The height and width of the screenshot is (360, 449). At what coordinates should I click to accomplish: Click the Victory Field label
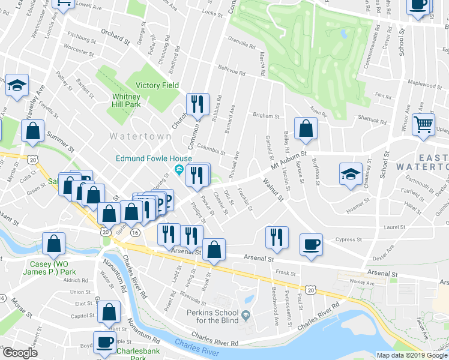coord(157,85)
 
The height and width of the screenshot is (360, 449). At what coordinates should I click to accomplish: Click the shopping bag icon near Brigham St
coord(306,128)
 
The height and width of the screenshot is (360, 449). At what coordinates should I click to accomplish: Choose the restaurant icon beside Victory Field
coord(197,104)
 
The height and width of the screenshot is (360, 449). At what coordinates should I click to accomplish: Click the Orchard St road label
coord(115,37)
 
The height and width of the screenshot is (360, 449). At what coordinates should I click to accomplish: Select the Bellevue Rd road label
coord(232,70)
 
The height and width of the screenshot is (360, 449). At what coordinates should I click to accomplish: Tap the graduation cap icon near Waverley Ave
coord(17,85)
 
